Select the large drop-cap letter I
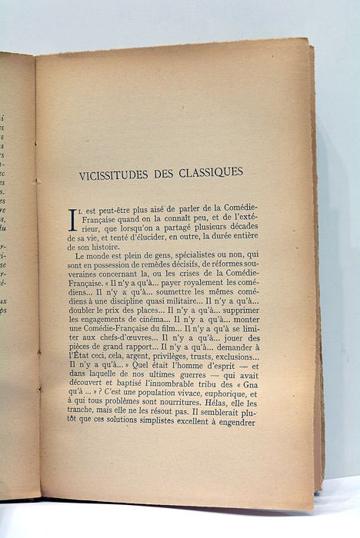point(73,219)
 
